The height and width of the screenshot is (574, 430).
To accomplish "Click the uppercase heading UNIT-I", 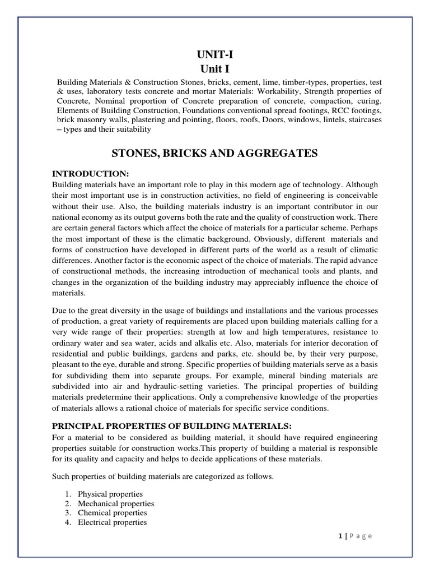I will point(215,54).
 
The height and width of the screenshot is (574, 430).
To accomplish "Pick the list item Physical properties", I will point(110,494).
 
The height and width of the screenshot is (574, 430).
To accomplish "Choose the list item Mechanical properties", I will point(116,503).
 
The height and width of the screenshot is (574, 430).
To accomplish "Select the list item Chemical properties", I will point(113,512).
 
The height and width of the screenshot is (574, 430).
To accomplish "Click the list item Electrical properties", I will point(113,522).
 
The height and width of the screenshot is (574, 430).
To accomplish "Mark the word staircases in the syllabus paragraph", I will point(362,120).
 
